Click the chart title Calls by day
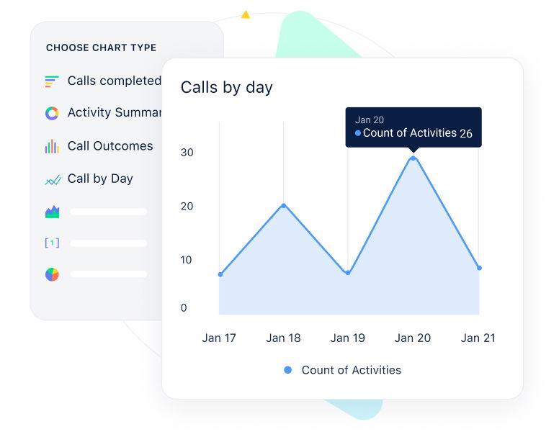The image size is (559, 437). [x=226, y=88]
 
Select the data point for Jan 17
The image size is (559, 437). [x=220, y=274]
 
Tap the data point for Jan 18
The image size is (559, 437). [x=283, y=205]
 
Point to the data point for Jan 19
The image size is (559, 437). [x=348, y=273]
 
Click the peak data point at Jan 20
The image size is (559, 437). [x=413, y=158]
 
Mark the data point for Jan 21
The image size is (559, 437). [x=479, y=268]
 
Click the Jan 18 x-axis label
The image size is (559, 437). [x=283, y=338]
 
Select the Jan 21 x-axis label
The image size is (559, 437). [x=478, y=338]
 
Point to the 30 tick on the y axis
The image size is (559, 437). [x=187, y=153]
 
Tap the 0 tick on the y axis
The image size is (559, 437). [x=184, y=308]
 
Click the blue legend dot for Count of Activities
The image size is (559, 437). [x=288, y=370]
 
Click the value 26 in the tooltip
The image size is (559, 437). [x=466, y=134]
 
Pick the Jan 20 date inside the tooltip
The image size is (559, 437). [x=369, y=120]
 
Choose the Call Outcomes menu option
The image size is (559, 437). [x=110, y=146]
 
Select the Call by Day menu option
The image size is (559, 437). [x=100, y=179]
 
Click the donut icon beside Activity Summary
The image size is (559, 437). [x=52, y=113]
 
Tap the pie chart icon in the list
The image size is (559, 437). [x=52, y=274]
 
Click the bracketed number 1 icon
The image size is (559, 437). [x=52, y=243]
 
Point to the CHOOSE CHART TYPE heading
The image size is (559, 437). [x=101, y=48]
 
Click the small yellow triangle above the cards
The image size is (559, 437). [x=246, y=14]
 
